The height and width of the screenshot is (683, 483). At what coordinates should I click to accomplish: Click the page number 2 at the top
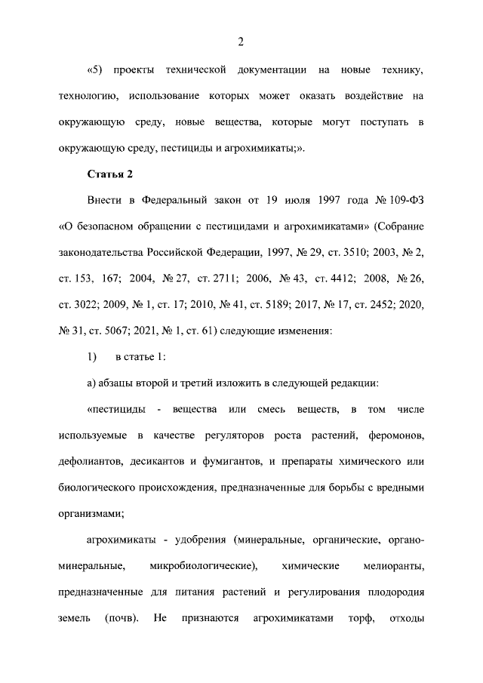[241, 42]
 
